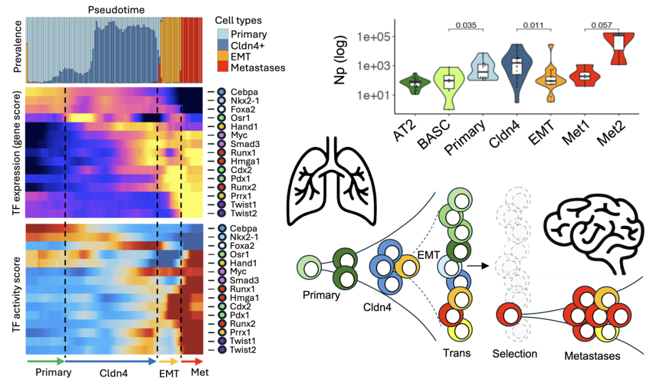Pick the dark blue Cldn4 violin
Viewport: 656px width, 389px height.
click(518, 67)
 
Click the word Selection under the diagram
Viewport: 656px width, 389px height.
click(514, 354)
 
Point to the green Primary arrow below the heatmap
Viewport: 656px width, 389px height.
click(45, 361)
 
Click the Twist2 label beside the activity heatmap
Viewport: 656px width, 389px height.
click(244, 351)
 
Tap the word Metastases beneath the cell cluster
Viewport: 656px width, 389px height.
click(592, 356)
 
